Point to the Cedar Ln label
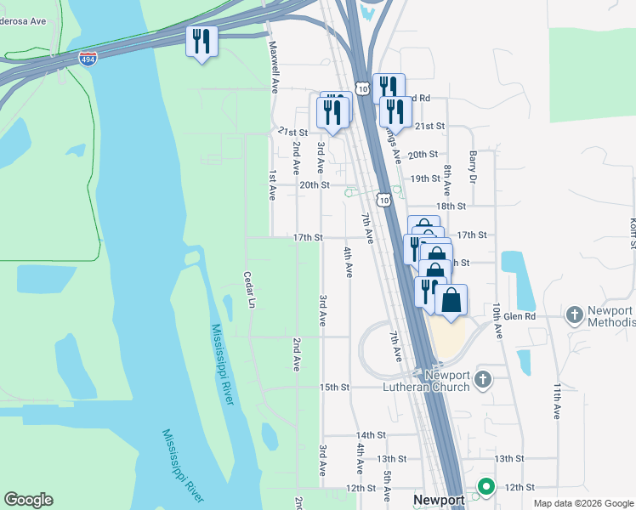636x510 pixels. (x=249, y=290)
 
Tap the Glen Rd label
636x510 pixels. (x=520, y=316)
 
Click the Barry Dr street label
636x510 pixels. (x=473, y=167)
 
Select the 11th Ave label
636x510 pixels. (x=557, y=400)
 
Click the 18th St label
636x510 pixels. (x=451, y=207)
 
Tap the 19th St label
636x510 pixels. (x=425, y=179)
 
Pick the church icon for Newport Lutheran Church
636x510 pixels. (x=483, y=378)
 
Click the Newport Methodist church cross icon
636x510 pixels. (x=575, y=316)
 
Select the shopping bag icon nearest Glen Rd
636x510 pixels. (x=451, y=299)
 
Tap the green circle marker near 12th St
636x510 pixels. (x=486, y=487)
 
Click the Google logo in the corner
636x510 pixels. (x=28, y=500)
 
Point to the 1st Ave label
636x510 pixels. (x=272, y=184)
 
